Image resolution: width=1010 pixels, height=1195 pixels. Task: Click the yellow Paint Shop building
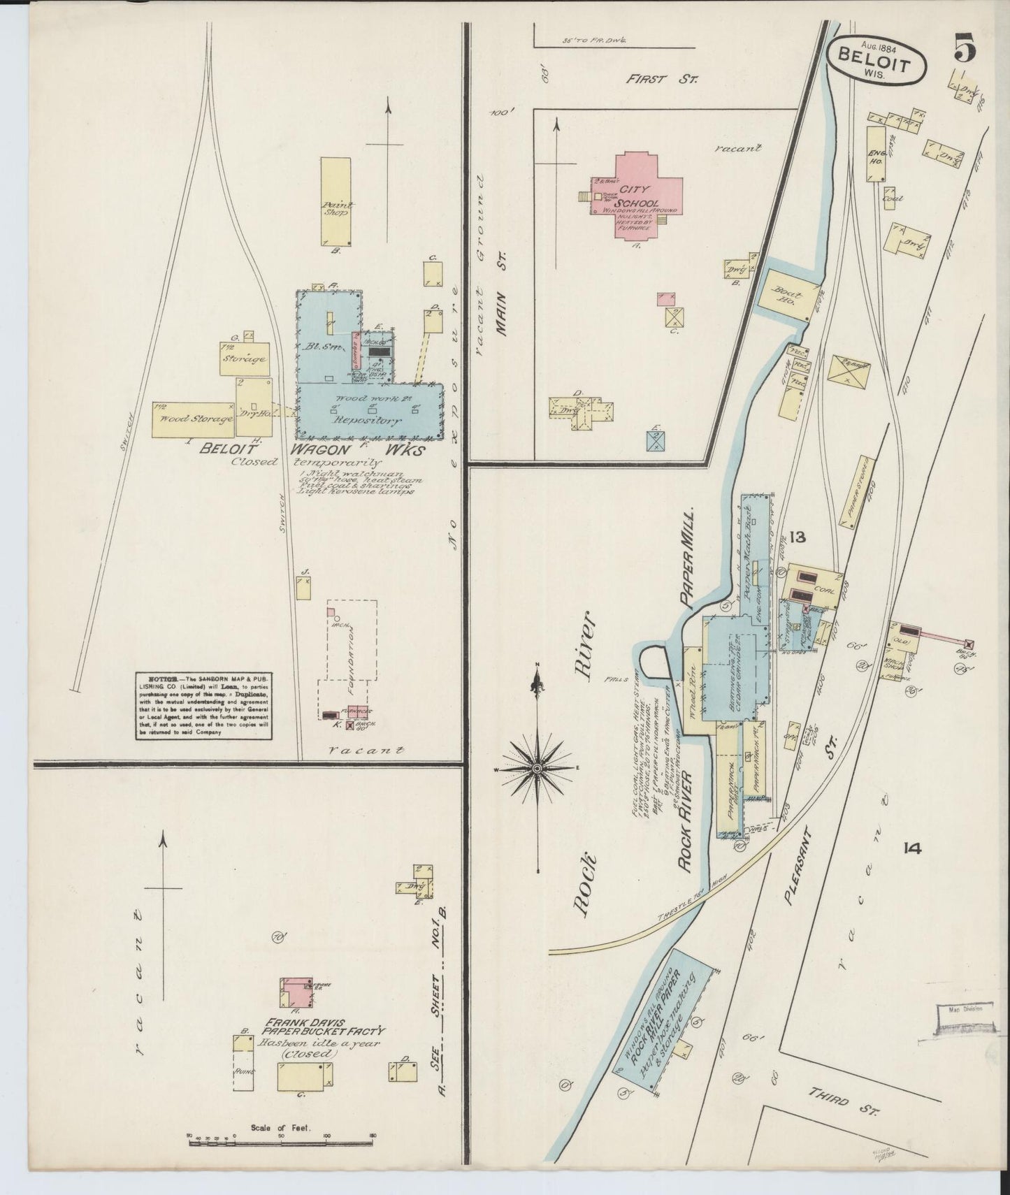coord(336,201)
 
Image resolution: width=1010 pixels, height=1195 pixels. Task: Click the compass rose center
coord(536,768)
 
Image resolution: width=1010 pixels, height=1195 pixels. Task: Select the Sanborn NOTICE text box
coord(203,706)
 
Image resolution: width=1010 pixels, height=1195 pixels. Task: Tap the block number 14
coord(911,848)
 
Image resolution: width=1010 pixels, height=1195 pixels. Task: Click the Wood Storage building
coord(194,419)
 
